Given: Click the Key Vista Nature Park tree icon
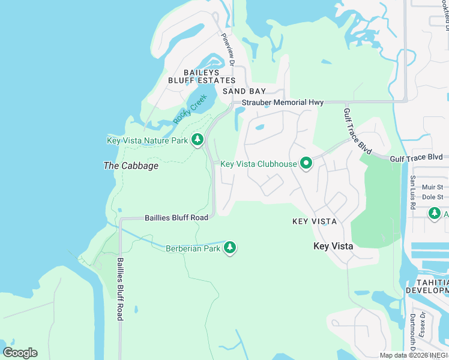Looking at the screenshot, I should (197, 140).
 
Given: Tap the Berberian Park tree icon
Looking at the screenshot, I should (229, 248).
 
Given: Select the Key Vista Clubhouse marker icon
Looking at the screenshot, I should (306, 164).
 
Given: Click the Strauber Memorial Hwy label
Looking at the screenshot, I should (283, 103).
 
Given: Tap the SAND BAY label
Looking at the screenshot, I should (244, 91).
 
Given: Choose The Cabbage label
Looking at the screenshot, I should (131, 166).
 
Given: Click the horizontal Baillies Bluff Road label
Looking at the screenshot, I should (176, 218).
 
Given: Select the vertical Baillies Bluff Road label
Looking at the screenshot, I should (120, 289).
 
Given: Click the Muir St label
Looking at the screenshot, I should (432, 187).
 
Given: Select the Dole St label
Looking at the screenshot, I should (432, 197).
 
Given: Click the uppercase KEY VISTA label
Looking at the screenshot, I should (314, 221).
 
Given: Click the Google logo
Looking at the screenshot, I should (20, 353).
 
